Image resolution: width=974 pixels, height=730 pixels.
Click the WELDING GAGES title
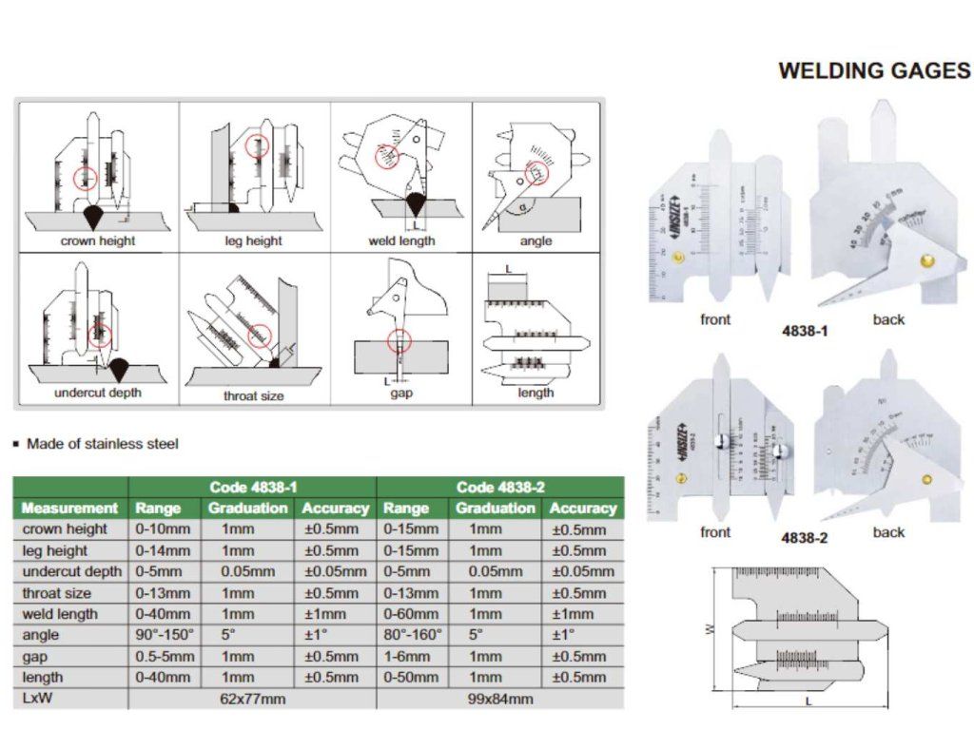[874, 70]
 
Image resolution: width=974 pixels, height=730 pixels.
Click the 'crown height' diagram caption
[98, 240]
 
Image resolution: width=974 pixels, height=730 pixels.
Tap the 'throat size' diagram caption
[253, 395]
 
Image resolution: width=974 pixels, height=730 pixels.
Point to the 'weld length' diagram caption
[401, 240]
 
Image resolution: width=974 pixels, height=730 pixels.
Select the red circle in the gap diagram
[399, 338]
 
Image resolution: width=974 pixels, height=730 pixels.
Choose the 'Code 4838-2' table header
[500, 487]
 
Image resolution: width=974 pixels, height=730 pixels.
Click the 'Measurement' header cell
[69, 509]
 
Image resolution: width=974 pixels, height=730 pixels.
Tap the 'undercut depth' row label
[72, 571]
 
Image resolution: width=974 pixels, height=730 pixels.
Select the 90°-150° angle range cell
[164, 634]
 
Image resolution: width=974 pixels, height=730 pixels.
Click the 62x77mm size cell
[252, 699]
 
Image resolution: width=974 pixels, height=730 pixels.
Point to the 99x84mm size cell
[500, 699]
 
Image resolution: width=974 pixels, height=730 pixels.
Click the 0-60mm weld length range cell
[412, 613]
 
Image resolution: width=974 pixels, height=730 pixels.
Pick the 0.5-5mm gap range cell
[165, 656]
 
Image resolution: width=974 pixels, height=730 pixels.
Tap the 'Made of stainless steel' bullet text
[102, 443]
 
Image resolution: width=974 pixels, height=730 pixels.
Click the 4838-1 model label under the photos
[804, 334]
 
